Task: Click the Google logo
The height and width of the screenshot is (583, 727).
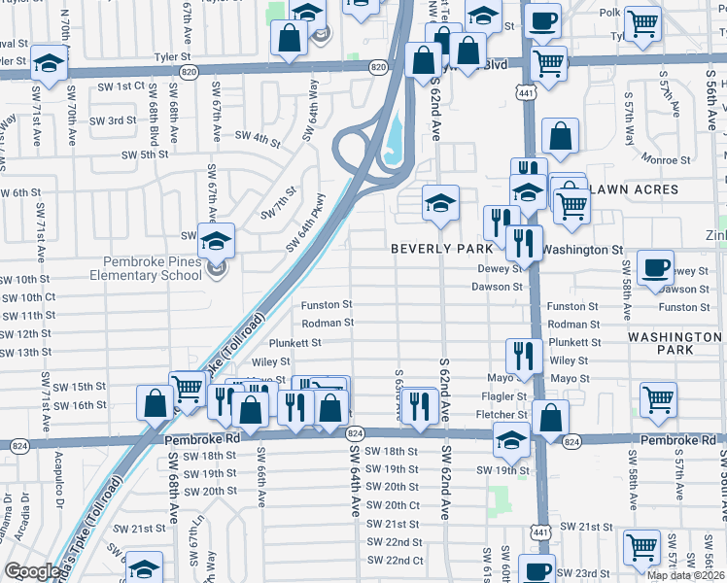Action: (x=32, y=571)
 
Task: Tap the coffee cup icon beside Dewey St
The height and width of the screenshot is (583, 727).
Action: (x=657, y=268)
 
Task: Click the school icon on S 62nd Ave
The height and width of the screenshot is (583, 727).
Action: (x=440, y=204)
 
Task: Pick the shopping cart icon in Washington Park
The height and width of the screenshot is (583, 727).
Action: (x=659, y=398)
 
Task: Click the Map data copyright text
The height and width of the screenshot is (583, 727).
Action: (x=685, y=575)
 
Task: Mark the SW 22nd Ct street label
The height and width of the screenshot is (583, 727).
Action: (x=395, y=561)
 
